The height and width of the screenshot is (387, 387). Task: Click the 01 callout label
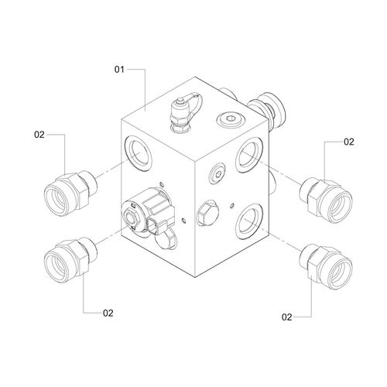[119, 70]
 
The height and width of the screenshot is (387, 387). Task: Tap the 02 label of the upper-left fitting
[39, 135]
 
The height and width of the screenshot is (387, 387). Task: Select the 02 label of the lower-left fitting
[108, 313]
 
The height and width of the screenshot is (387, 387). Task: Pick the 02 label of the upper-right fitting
[349, 142]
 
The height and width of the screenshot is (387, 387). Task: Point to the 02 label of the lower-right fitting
[287, 317]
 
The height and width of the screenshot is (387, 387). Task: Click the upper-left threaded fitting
[70, 193]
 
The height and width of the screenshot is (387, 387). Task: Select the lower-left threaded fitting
[70, 260]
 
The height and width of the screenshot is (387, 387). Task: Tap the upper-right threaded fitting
[326, 200]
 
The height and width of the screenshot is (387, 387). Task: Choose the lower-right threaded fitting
[326, 266]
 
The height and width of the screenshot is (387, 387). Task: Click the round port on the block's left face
[138, 152]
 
